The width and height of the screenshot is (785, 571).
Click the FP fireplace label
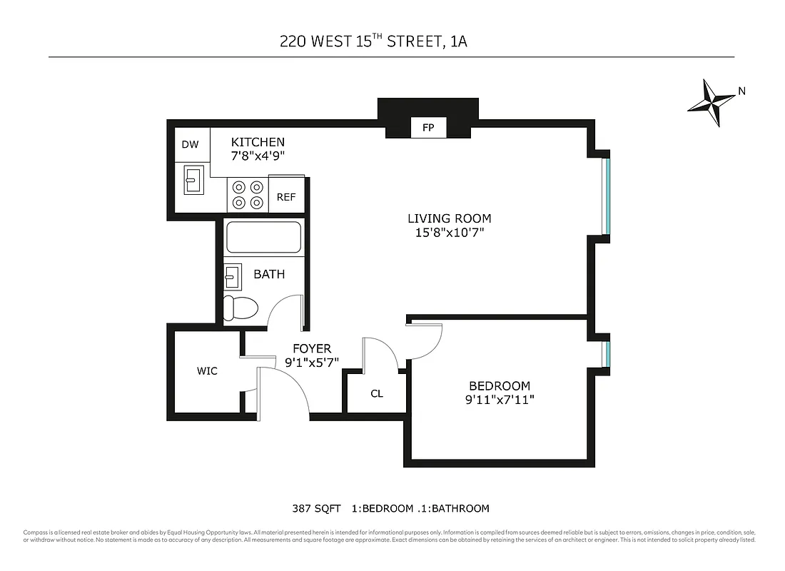[428, 128]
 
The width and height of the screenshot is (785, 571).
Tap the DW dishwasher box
[190, 145]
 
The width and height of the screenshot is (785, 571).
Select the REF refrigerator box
[286, 198]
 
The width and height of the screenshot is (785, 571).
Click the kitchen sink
[193, 179]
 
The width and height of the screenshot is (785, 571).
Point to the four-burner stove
[248, 195]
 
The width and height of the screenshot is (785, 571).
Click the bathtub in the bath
[264, 238]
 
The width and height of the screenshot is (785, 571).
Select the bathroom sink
[232, 276]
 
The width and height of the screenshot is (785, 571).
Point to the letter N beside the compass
[741, 91]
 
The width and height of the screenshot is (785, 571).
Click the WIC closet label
[207, 371]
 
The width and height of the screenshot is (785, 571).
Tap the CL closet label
[377, 393]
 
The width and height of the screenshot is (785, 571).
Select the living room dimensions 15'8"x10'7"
[450, 233]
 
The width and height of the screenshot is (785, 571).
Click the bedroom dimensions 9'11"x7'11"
[499, 400]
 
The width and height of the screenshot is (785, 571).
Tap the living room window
[607, 195]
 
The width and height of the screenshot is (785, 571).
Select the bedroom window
[607, 352]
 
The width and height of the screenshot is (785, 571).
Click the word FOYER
[312, 348]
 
